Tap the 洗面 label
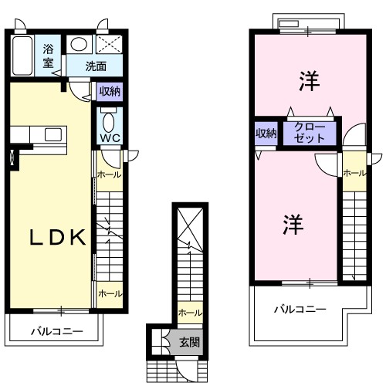(x=96, y=66)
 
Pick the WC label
(x=108, y=140)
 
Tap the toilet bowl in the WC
(x=108, y=121)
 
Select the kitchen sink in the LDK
(x=52, y=135)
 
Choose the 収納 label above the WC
(x=109, y=91)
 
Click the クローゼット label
(x=310, y=133)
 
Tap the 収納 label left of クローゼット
(x=266, y=134)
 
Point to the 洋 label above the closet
(x=309, y=80)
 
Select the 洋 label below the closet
(x=291, y=225)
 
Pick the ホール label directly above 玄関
(x=189, y=313)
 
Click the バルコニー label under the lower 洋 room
(x=300, y=310)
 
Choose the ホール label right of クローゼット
(x=354, y=173)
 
